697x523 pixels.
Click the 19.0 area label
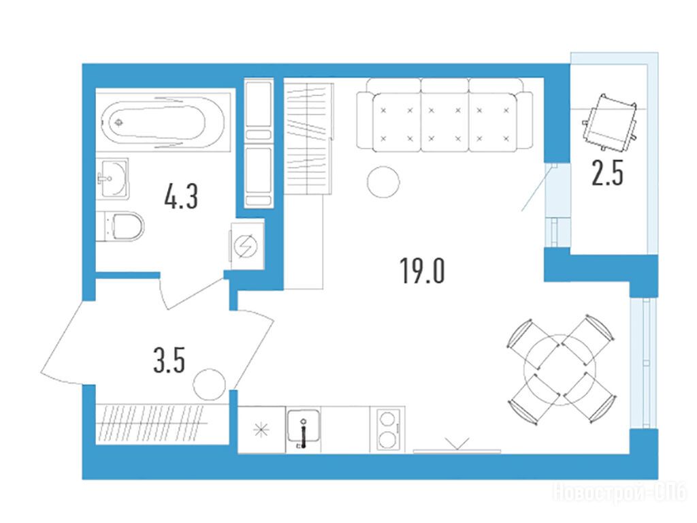(422, 271)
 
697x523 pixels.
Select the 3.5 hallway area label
(169, 360)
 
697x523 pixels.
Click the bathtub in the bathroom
(163, 121)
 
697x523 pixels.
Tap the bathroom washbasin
(112, 178)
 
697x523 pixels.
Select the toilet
(120, 226)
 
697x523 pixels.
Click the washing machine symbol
(246, 245)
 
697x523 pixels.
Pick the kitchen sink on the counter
(304, 429)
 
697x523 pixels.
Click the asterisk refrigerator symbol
(261, 430)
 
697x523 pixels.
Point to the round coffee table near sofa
(383, 181)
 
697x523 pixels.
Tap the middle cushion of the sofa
(444, 116)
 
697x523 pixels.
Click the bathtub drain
(118, 122)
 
